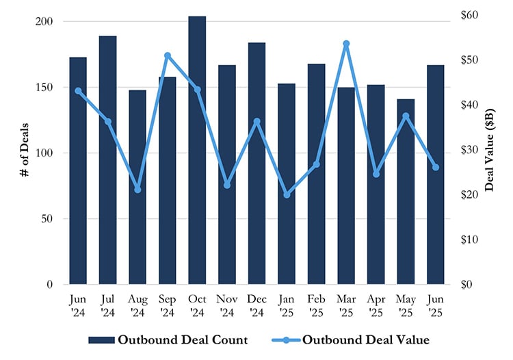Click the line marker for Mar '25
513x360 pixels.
tap(346, 44)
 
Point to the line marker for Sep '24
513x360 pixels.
tap(168, 55)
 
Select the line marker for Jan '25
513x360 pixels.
tap(287, 195)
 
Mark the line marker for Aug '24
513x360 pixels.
tap(137, 190)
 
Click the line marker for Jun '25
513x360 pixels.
tap(436, 168)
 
